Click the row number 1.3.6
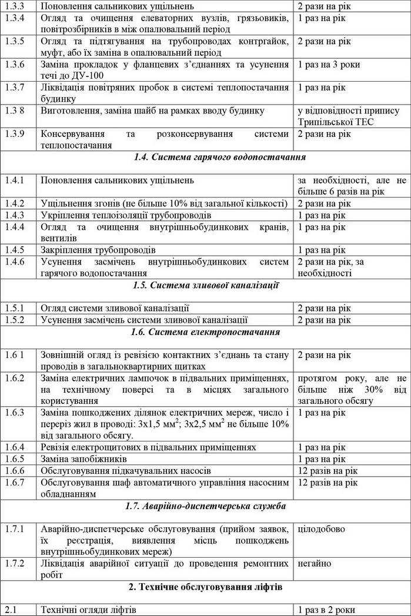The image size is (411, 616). (15, 64)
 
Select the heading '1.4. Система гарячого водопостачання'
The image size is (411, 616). (205, 157)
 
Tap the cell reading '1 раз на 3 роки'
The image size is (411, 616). (329, 64)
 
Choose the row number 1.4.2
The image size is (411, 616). (15, 203)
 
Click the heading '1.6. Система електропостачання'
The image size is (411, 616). (205, 332)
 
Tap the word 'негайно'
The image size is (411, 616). (315, 564)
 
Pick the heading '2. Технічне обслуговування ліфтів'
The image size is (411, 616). (205, 587)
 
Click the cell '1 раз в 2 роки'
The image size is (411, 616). (327, 610)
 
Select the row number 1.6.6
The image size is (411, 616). (15, 470)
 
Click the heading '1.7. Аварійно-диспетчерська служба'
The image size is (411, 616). (205, 505)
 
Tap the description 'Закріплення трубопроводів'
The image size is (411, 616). (98, 250)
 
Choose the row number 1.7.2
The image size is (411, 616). (15, 564)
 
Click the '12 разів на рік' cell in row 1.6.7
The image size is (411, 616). (328, 482)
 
